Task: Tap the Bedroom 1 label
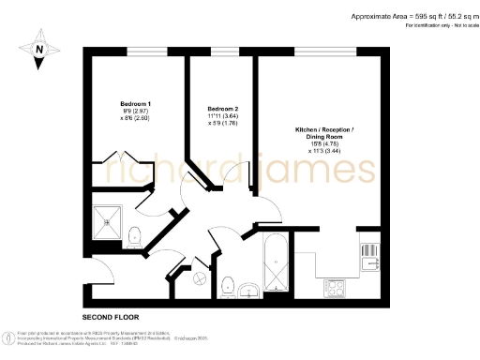(136, 102)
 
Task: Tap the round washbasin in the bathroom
(247, 289)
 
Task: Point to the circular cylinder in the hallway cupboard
(199, 277)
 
